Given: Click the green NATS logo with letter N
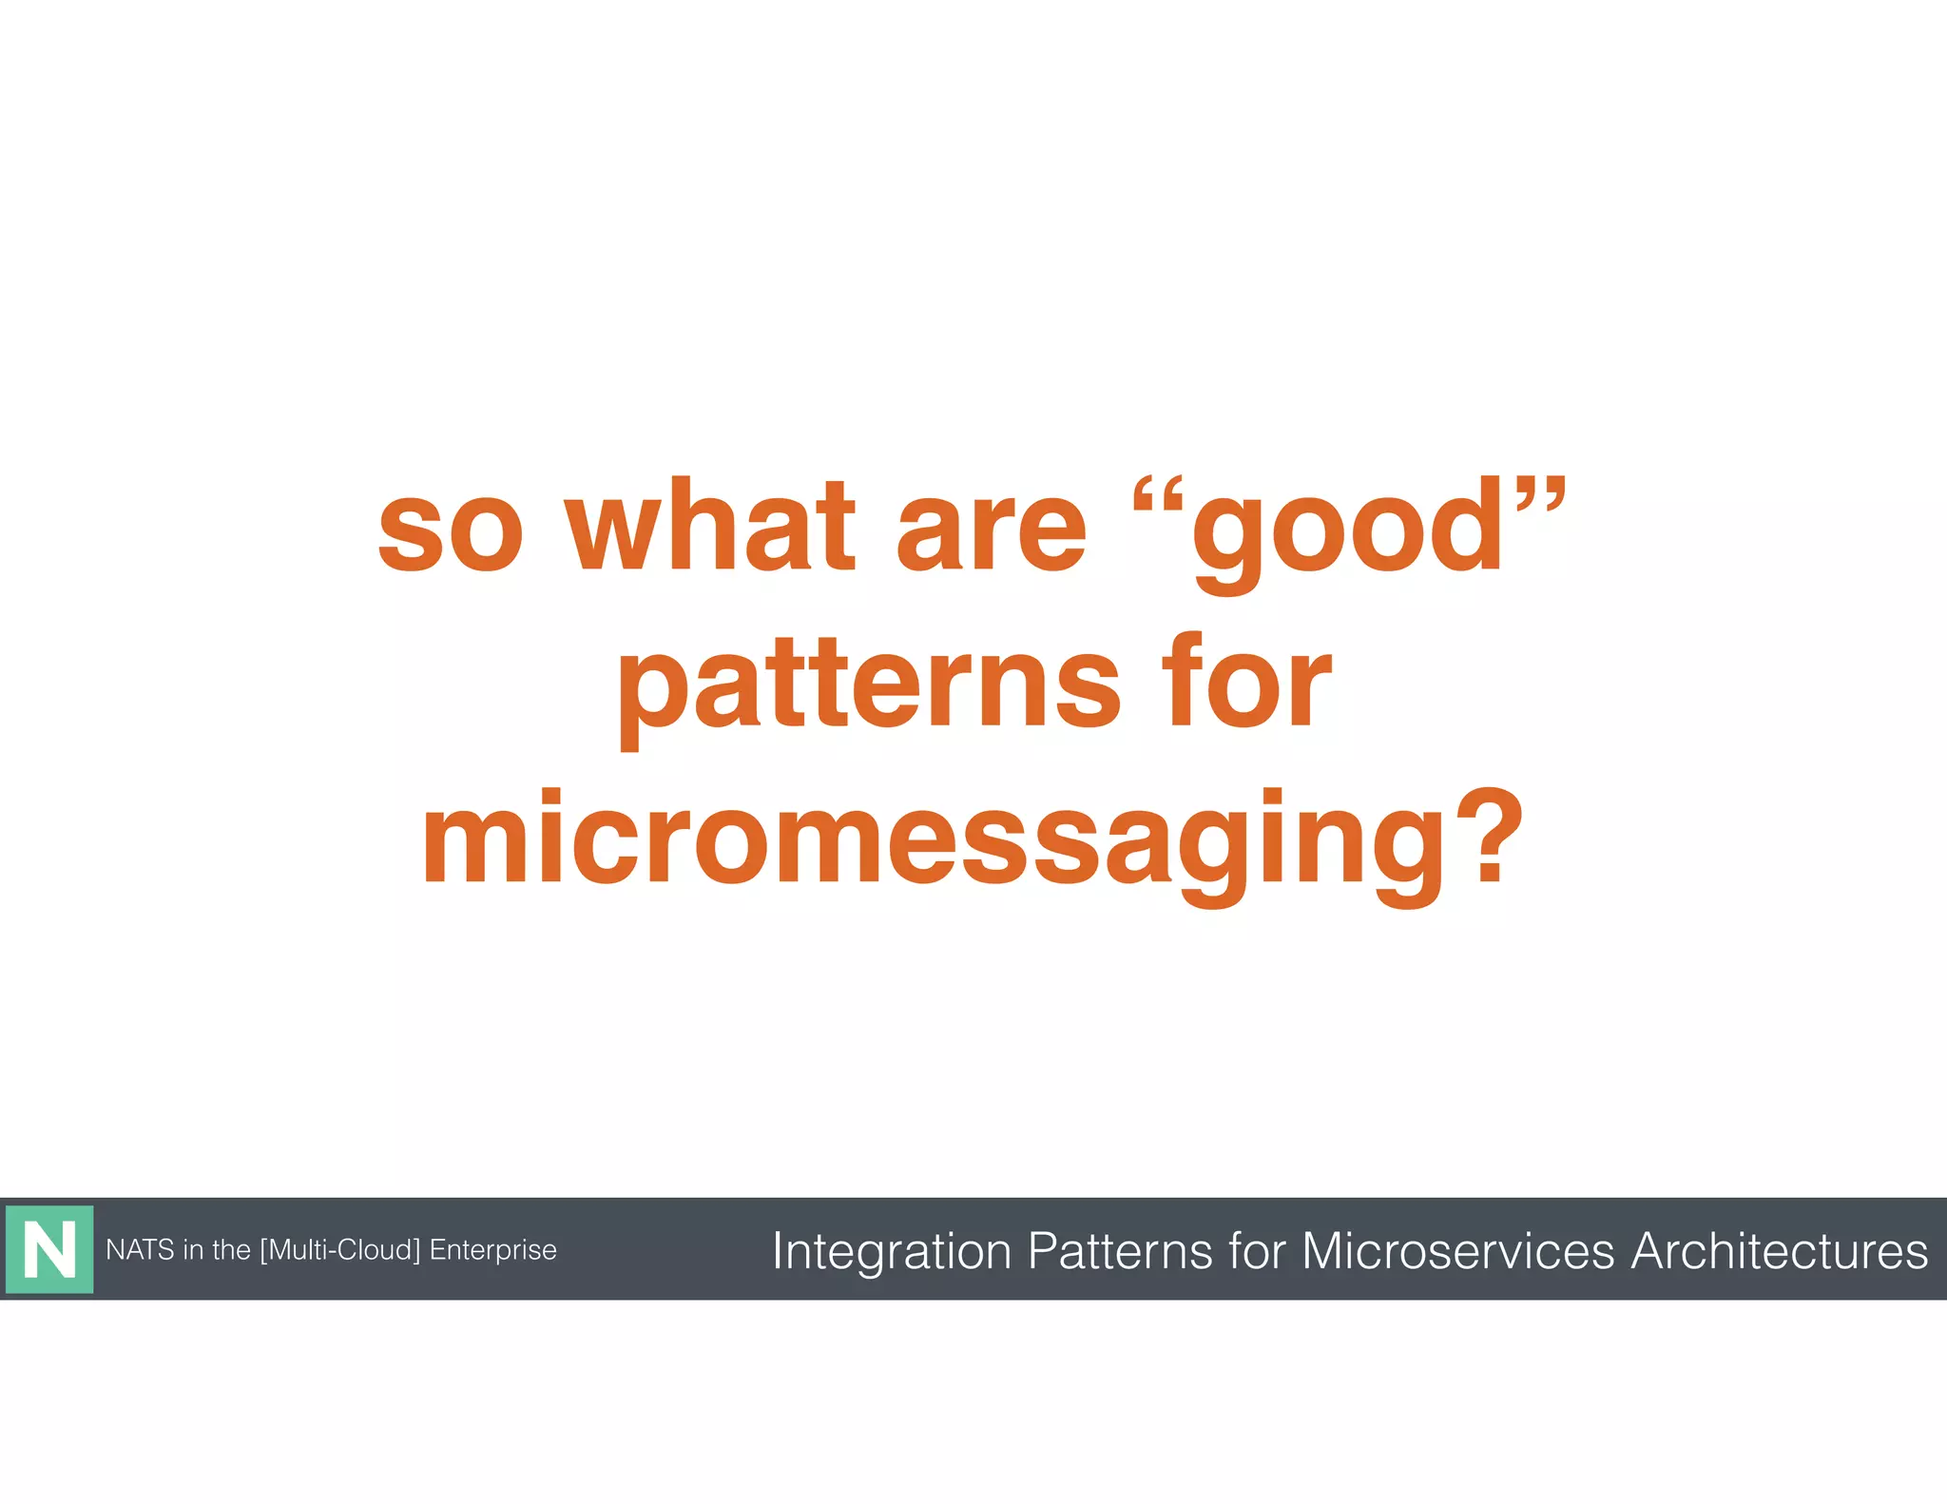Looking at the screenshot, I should click(x=49, y=1249).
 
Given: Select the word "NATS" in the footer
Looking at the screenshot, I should click(x=140, y=1250).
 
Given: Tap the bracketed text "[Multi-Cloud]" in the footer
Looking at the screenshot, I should click(x=339, y=1250).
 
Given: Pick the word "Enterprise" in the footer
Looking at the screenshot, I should click(x=492, y=1250).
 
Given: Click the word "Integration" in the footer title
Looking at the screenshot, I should click(x=892, y=1251).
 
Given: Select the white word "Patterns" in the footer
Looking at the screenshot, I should click(x=1120, y=1251).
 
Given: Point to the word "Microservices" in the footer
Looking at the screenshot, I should click(x=1457, y=1251).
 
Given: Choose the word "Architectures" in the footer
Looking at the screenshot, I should click(x=1779, y=1251).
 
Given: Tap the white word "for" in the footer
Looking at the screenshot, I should click(x=1256, y=1251).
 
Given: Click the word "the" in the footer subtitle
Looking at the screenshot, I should click(x=231, y=1250).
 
